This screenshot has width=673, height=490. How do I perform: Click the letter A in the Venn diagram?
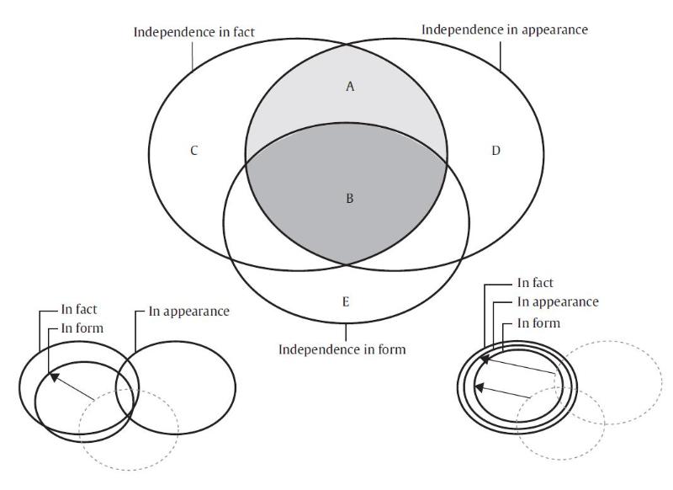click(350, 86)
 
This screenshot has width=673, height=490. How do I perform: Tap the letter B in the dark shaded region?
click(350, 200)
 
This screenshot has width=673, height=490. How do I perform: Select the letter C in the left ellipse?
click(194, 152)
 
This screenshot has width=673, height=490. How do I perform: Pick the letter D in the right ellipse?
click(495, 152)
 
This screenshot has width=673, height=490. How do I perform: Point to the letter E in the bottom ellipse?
click(346, 301)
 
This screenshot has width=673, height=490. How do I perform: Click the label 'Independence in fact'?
click(193, 32)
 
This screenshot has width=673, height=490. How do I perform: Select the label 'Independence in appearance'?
click(504, 29)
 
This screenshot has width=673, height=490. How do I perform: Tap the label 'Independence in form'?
click(342, 349)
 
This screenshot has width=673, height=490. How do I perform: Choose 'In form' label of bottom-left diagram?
click(82, 328)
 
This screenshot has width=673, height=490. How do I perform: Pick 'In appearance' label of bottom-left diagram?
click(188, 311)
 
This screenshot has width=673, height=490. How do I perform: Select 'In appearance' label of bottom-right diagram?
click(558, 301)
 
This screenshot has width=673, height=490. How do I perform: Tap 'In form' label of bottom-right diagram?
click(538, 322)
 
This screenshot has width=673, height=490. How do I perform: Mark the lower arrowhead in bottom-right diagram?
click(480, 387)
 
